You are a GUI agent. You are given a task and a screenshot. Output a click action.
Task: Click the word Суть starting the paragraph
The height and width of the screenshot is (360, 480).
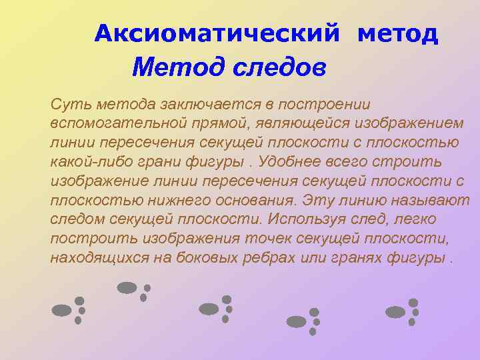click(69, 105)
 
